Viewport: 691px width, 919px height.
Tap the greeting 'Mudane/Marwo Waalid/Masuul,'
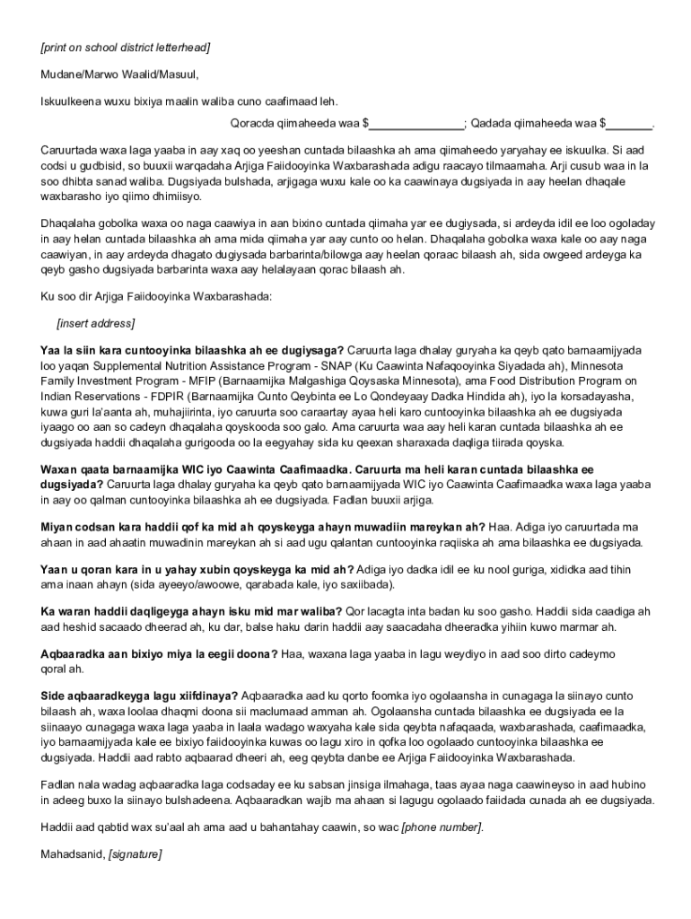[118, 74]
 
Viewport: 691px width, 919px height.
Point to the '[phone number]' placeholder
[442, 827]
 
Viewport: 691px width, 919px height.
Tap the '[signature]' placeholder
[136, 854]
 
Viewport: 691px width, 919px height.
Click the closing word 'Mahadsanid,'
[72, 854]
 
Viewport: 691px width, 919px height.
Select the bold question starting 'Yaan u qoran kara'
[197, 569]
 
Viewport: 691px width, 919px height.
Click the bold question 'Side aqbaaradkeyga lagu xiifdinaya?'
[139, 696]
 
